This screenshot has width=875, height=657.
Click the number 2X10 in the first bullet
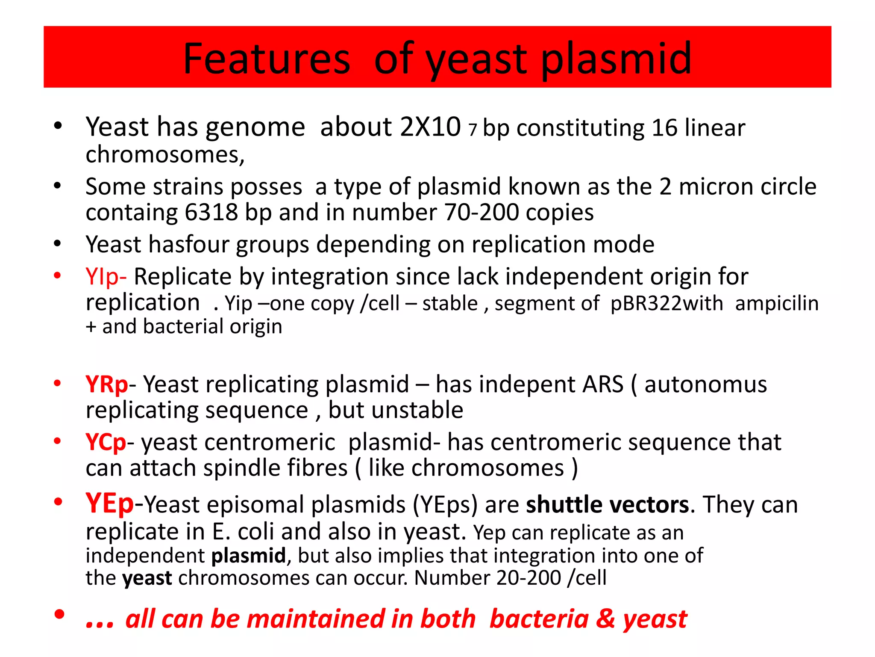pyautogui.click(x=431, y=127)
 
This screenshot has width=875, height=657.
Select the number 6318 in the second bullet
pyautogui.click(x=211, y=212)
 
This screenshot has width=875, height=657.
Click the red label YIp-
pyautogui.click(x=106, y=277)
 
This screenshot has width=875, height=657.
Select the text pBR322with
pyautogui.click(x=667, y=303)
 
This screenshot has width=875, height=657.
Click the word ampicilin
pyautogui.click(x=777, y=303)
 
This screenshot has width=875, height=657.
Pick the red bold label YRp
pyautogui.click(x=106, y=384)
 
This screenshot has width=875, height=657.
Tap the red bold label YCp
pyautogui.click(x=106, y=442)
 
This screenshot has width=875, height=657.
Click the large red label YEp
pyautogui.click(x=109, y=503)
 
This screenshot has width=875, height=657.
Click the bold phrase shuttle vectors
pyautogui.click(x=607, y=505)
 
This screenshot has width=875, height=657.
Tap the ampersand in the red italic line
pyautogui.click(x=605, y=619)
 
